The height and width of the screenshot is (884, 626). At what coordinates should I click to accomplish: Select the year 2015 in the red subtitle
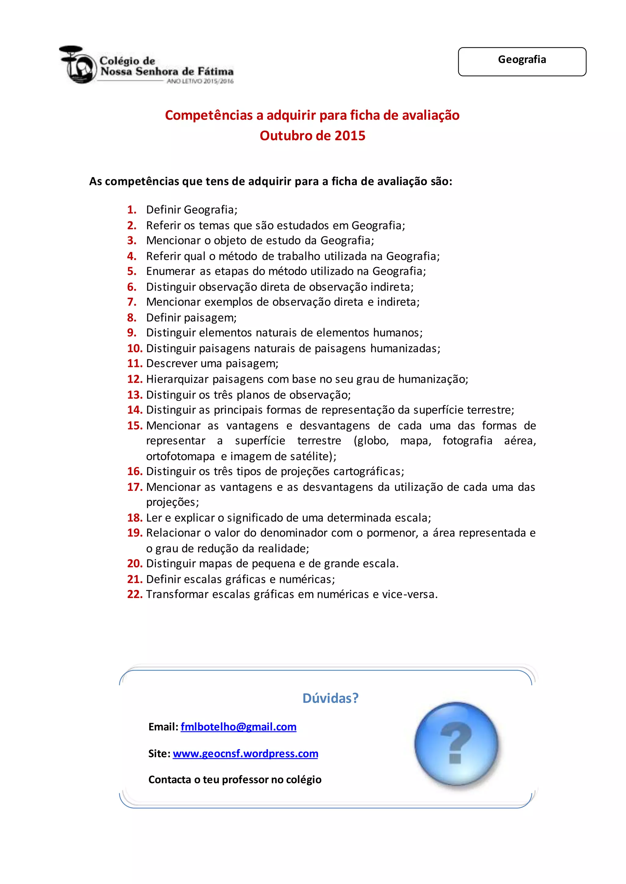pos(350,136)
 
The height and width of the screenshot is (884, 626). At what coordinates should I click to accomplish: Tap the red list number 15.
pos(135,426)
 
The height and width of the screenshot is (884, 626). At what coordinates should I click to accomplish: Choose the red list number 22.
pos(135,594)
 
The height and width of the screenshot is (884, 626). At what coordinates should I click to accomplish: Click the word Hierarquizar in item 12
pos(177,379)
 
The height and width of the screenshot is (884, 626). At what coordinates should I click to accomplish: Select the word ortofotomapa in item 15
pos(180,456)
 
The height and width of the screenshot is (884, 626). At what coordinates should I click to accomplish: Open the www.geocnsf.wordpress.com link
pos(245,753)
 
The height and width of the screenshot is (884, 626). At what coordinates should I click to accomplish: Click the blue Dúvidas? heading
pos(330,698)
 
